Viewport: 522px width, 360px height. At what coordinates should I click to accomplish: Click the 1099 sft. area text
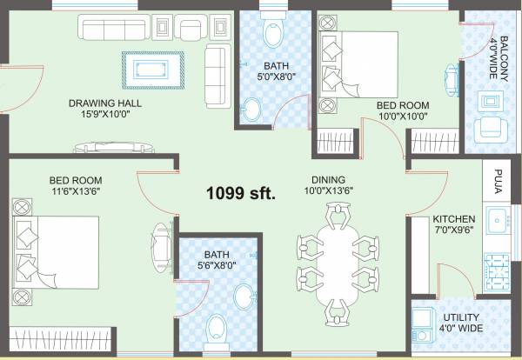(240, 193)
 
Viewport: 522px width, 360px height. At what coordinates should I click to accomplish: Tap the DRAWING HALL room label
(105, 103)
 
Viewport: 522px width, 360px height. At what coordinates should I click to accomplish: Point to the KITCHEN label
(453, 219)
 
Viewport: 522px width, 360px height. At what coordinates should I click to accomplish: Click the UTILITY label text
(458, 318)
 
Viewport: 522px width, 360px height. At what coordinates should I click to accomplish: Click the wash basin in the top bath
(251, 110)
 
